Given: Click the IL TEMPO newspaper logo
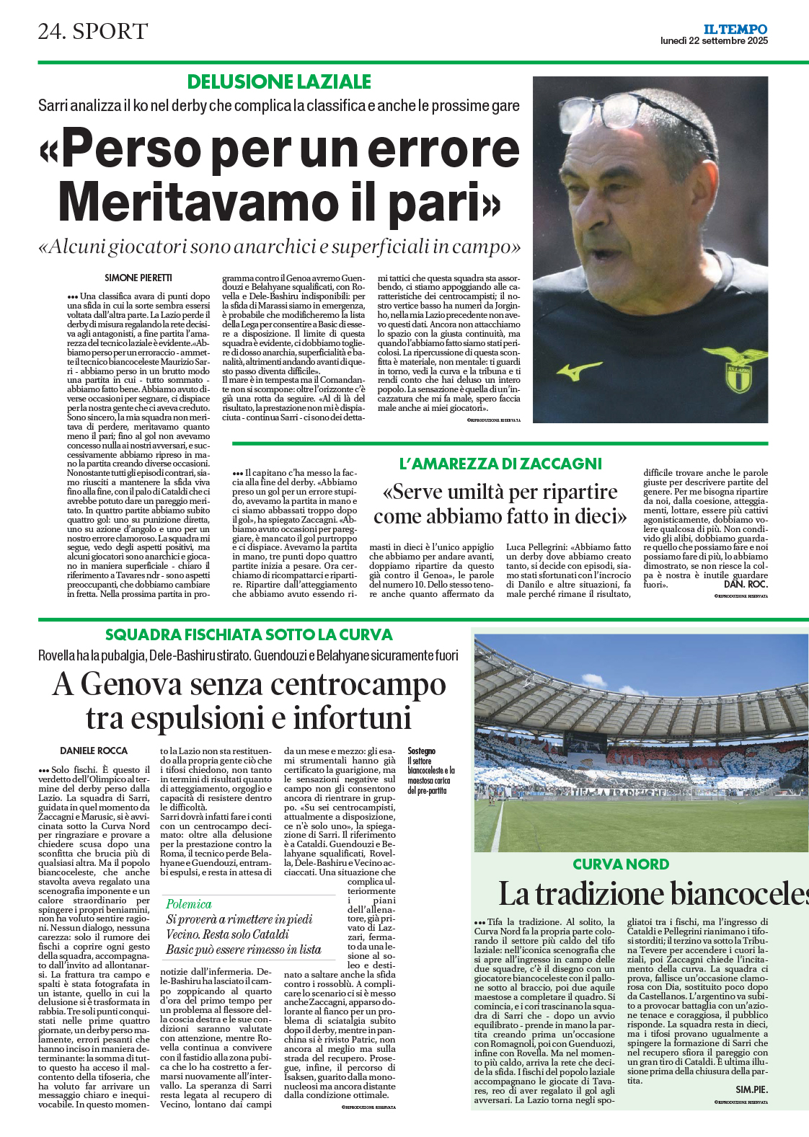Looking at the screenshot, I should [x=735, y=29].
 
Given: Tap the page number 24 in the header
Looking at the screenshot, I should [x=51, y=31].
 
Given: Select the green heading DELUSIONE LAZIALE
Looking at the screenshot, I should [x=279, y=82].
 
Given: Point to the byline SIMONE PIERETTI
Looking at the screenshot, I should [x=138, y=278].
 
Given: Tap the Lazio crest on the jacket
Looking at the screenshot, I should [x=741, y=370].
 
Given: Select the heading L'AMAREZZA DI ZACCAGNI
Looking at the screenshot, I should [x=500, y=464].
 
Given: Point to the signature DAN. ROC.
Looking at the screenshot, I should [x=746, y=584].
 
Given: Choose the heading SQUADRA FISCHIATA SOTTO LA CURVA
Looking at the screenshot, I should [x=249, y=634].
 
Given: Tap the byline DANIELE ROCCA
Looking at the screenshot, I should [x=94, y=751].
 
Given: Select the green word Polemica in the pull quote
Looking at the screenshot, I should [x=189, y=904].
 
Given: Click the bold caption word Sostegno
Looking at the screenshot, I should [x=421, y=751].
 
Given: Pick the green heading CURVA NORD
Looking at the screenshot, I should [x=621, y=864].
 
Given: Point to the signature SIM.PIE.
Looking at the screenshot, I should [x=751, y=1089].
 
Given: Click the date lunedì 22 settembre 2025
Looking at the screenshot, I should [x=714, y=41].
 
